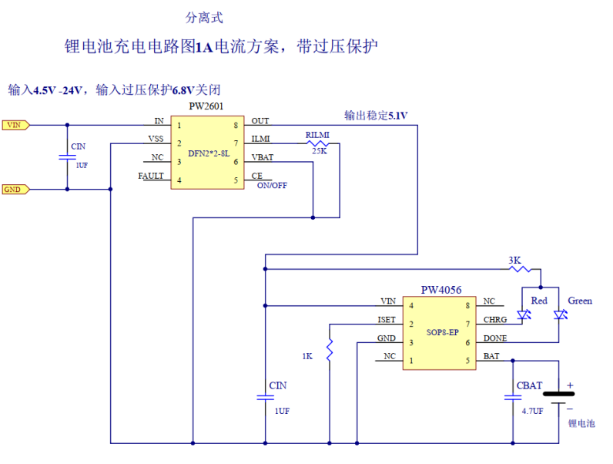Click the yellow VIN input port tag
pos(16,124)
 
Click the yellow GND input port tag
pos(15,189)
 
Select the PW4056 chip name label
pos(441,290)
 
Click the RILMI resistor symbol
pos(317,143)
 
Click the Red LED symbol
pos(524,315)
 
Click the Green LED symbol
pos(560,315)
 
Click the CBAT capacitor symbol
pos(513,398)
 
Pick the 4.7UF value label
pos(532,412)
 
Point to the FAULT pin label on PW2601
pos(151,176)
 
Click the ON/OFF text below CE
pos(272,186)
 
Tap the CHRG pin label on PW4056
pos(494,320)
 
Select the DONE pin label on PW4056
pos(495,338)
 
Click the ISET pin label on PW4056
pos(387,320)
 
